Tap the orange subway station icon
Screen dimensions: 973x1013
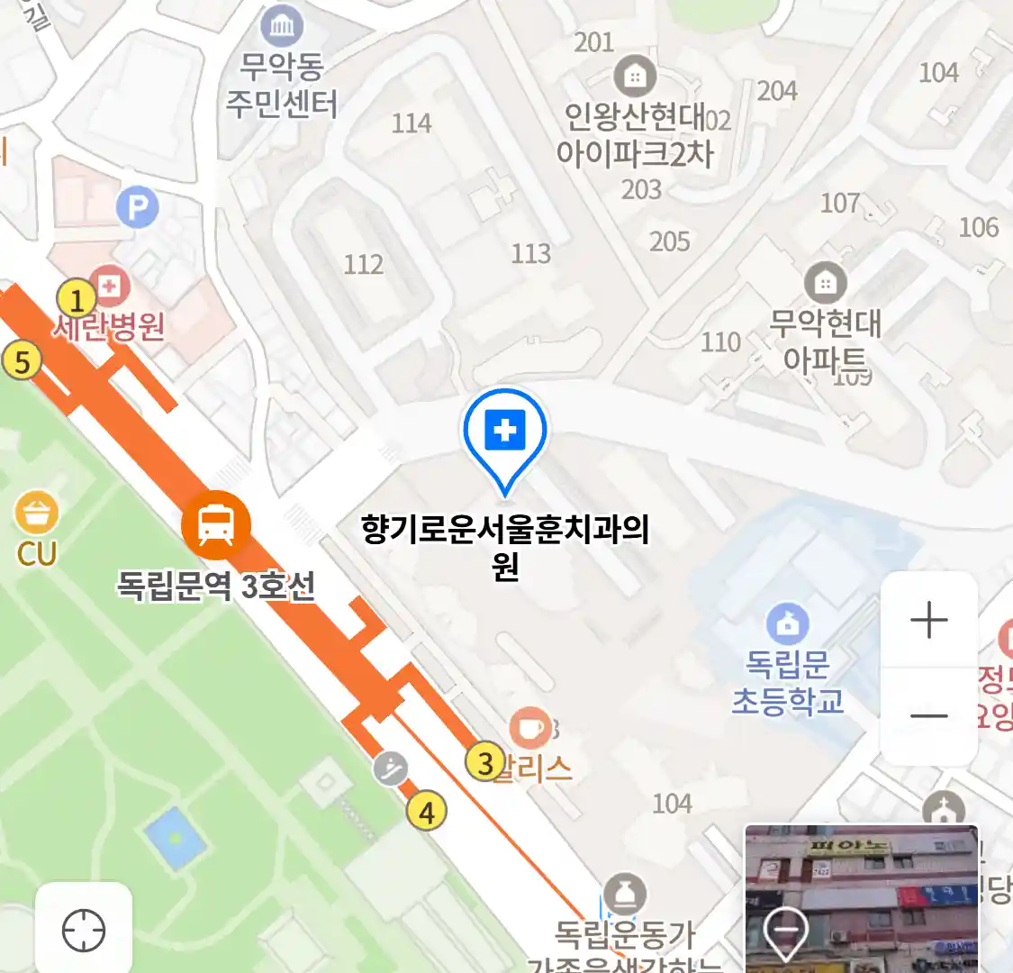pos(215,524)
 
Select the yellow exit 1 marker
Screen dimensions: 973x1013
pos(77,300)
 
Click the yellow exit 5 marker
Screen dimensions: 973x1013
pos(23,362)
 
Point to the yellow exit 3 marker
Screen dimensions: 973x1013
pos(485,763)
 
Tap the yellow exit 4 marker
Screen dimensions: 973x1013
pos(426,812)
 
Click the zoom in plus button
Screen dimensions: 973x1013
pos(928,620)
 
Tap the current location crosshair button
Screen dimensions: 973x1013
pos(84,931)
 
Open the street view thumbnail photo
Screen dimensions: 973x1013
pos(861,897)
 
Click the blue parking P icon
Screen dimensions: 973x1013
pos(138,209)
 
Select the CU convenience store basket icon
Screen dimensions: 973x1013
pos(37,514)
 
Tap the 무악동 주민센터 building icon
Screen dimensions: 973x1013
pos(282,26)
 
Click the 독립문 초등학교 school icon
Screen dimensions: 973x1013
pos(788,623)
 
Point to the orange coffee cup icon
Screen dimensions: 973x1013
pos(530,728)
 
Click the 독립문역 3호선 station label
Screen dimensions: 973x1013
pos(216,586)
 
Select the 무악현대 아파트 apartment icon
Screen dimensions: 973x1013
pos(825,284)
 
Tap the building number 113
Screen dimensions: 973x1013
pos(530,254)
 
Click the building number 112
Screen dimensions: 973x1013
pos(364,264)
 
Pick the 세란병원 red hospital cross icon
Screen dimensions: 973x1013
pos(110,287)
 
